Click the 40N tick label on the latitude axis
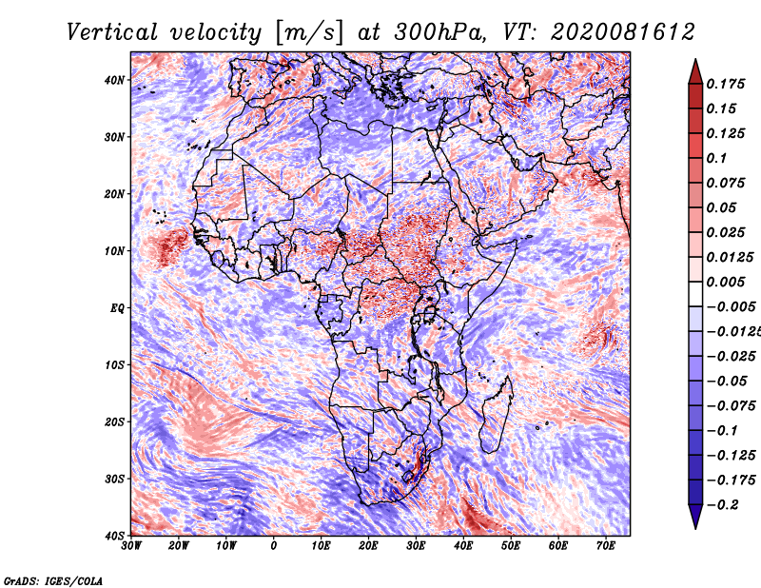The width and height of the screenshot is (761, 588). tap(114, 80)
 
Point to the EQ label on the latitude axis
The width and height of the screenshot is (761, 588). tap(117, 308)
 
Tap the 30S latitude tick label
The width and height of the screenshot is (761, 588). tap(114, 479)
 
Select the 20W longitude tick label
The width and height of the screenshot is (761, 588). tap(178, 546)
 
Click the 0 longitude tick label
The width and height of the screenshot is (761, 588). tap(274, 546)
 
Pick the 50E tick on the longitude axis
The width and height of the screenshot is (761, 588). tap(511, 546)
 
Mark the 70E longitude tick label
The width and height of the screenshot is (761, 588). tap(605, 546)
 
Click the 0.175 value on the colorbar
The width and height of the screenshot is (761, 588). tap(725, 84)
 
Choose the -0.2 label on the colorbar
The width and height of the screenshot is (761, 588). tap(722, 505)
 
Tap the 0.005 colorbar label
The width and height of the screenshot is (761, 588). tap(725, 282)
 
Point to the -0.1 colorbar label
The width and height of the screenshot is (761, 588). tap(722, 431)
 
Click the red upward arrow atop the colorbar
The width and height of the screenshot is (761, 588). tap(695, 71)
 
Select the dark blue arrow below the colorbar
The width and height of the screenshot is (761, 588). tap(695, 517)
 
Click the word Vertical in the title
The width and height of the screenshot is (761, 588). tap(112, 32)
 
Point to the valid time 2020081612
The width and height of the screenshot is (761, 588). tap(622, 32)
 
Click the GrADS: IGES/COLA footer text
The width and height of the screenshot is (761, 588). tap(53, 581)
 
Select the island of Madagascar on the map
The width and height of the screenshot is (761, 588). tap(496, 418)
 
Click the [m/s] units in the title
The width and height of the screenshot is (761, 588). tap(309, 33)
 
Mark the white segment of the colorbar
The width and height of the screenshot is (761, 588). tap(695, 294)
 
